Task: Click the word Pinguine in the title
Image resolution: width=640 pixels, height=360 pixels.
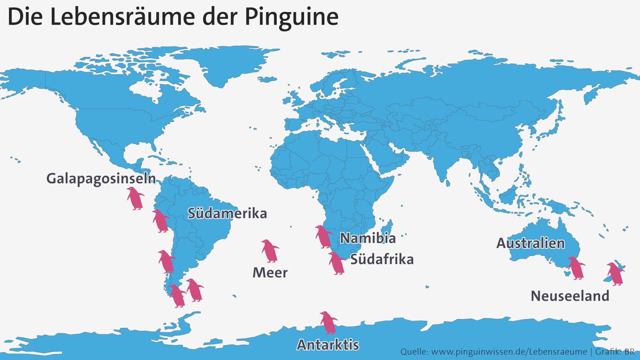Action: [292, 17]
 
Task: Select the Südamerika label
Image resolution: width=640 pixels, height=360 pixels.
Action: [227, 214]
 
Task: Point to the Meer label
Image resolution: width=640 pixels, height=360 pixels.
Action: [270, 273]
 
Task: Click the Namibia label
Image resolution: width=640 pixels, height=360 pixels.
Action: [368, 238]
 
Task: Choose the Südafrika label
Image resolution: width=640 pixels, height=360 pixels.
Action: [382, 260]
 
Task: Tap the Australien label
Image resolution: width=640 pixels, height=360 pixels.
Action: [530, 243]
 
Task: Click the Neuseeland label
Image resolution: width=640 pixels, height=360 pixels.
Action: [570, 296]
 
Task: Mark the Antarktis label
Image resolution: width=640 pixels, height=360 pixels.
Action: [327, 344]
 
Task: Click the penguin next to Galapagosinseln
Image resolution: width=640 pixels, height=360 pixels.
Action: [135, 198]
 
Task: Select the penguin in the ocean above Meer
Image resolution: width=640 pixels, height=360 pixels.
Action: [270, 251]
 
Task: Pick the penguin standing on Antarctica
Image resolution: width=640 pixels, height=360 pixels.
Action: [328, 323]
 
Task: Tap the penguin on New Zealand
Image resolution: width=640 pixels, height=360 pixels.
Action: [615, 274]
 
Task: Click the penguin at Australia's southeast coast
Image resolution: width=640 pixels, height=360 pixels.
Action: [576, 268]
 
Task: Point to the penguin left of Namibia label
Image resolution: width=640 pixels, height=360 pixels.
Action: [323, 237]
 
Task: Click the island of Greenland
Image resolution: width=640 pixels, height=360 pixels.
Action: [213, 64]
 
